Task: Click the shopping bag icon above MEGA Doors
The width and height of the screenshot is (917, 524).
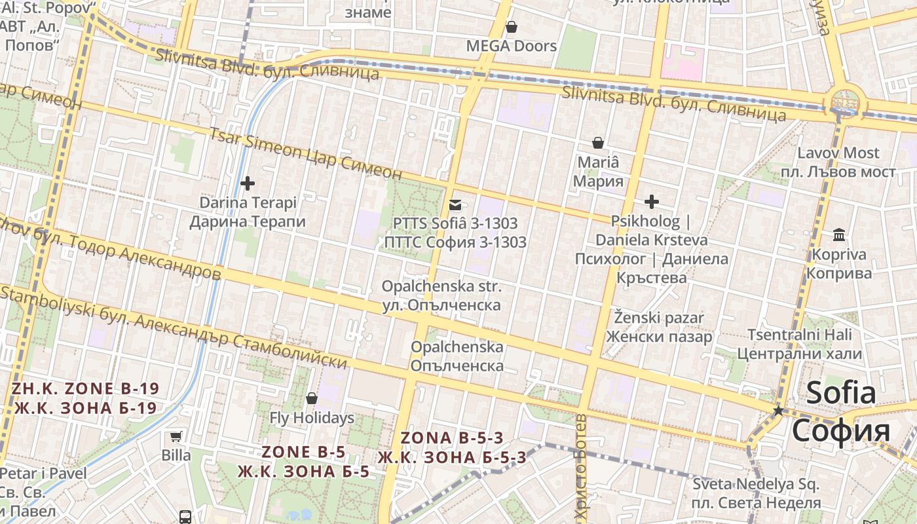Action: (x=512, y=27)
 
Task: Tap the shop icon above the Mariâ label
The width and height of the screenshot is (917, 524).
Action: (x=597, y=142)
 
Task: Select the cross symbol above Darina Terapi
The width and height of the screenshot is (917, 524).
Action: (x=248, y=183)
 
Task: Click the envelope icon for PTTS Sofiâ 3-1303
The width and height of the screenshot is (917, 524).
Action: (x=455, y=204)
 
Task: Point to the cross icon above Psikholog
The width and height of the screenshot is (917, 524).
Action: (x=651, y=201)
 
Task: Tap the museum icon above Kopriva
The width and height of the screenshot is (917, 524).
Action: (x=838, y=234)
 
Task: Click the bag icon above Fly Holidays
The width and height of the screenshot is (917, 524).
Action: (x=312, y=398)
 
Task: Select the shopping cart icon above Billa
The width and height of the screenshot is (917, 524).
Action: (x=176, y=436)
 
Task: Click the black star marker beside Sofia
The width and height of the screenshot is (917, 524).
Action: (x=778, y=411)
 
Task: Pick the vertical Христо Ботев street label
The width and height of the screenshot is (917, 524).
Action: (x=581, y=468)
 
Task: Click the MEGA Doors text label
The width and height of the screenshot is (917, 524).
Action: (x=512, y=46)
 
